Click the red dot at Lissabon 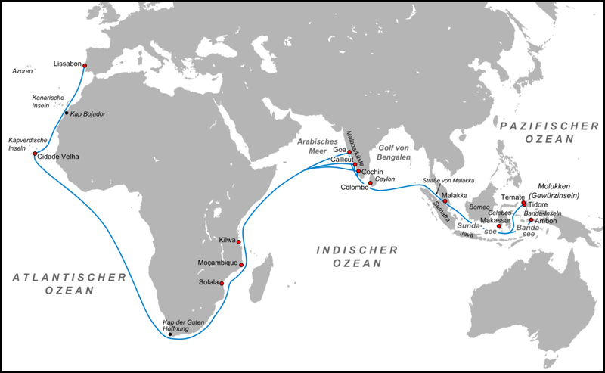(x=84, y=64)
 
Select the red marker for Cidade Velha (x=35, y=154)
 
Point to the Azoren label (x=23, y=71)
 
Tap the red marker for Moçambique (x=241, y=265)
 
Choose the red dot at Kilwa (x=239, y=242)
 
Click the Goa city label (x=339, y=150)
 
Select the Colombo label (x=354, y=188)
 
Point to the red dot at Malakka (x=445, y=201)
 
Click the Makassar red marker (x=498, y=226)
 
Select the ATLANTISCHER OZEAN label (x=69, y=284)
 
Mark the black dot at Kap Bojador (x=67, y=113)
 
